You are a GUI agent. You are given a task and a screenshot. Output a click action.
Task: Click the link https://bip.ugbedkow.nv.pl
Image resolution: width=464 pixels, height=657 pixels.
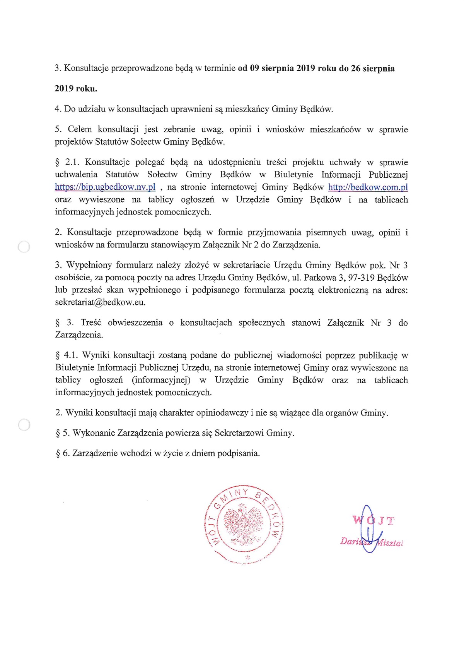pyautogui.click(x=105, y=187)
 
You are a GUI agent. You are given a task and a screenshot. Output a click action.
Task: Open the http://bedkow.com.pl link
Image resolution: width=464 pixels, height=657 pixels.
pyautogui.click(x=368, y=187)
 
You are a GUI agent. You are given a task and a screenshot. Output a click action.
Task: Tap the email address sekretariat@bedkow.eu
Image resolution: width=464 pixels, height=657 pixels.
pyautogui.click(x=100, y=302)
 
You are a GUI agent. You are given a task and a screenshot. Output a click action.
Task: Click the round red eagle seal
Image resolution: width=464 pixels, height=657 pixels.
pyautogui.click(x=244, y=523)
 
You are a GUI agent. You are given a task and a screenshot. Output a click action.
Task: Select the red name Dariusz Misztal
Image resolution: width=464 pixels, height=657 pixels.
pyautogui.click(x=371, y=542)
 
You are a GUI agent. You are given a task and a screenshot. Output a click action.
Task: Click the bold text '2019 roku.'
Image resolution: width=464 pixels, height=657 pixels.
pyautogui.click(x=76, y=89)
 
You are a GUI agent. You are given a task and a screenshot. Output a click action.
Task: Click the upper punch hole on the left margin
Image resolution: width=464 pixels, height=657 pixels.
pyautogui.click(x=24, y=247)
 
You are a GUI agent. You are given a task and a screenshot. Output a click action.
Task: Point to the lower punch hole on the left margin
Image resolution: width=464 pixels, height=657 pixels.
pyautogui.click(x=24, y=425)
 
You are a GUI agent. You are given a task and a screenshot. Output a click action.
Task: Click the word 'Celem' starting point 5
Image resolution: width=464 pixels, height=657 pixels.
pyautogui.click(x=80, y=129)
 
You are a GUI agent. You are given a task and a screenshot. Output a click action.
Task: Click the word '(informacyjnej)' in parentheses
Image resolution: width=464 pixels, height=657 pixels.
pyautogui.click(x=161, y=380)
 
